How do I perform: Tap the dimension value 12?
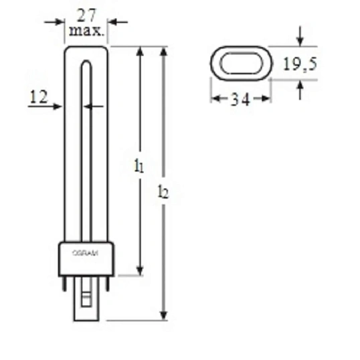[39, 98]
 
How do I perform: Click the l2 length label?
[163, 193]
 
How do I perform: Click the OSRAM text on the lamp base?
[86, 252]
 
